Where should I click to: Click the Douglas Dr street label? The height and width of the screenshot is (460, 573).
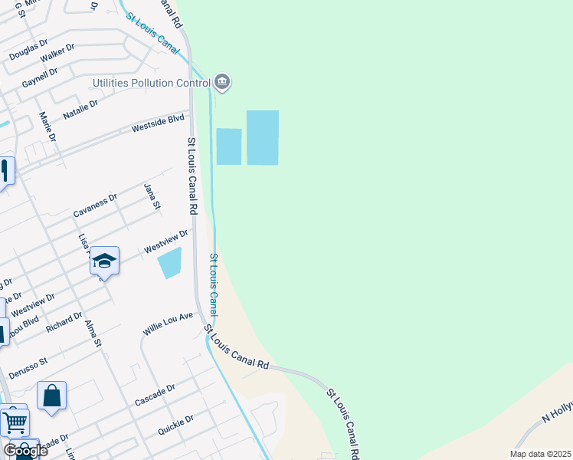(x=28, y=51)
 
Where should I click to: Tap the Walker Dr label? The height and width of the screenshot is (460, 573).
(x=57, y=53)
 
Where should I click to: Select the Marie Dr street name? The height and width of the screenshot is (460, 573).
(x=47, y=127)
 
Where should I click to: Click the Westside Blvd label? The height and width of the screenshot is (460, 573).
(x=159, y=122)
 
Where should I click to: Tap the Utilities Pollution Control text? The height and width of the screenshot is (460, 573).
(x=152, y=82)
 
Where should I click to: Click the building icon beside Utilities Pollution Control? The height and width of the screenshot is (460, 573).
(x=222, y=81)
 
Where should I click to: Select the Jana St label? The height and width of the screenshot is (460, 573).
(x=152, y=196)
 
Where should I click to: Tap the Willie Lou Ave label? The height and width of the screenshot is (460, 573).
(x=167, y=324)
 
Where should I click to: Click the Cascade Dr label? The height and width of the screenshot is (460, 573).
(x=156, y=395)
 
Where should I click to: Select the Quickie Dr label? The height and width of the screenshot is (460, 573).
(x=175, y=424)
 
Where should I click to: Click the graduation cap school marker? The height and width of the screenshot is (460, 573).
(x=104, y=261)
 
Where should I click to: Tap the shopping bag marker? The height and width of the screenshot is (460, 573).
(x=51, y=396)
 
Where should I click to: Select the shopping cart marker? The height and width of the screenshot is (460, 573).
(x=15, y=421)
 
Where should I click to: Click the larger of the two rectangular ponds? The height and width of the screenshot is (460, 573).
(x=262, y=137)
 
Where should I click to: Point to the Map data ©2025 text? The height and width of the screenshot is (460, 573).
(x=540, y=454)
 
